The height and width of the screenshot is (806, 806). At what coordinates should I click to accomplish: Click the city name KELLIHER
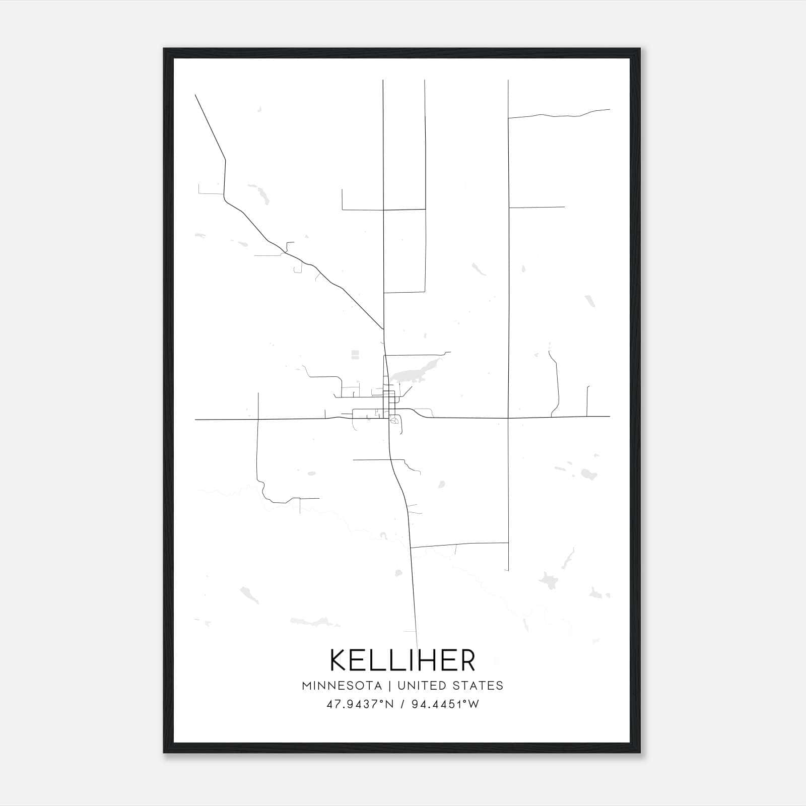coord(402,660)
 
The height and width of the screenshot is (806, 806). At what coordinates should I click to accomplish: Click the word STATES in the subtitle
coord(478,686)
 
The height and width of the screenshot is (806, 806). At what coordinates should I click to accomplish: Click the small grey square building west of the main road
coord(355,355)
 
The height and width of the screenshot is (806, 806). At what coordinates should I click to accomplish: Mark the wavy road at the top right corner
coord(559,114)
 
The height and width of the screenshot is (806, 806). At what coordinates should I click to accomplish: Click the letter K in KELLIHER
coord(339,660)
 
